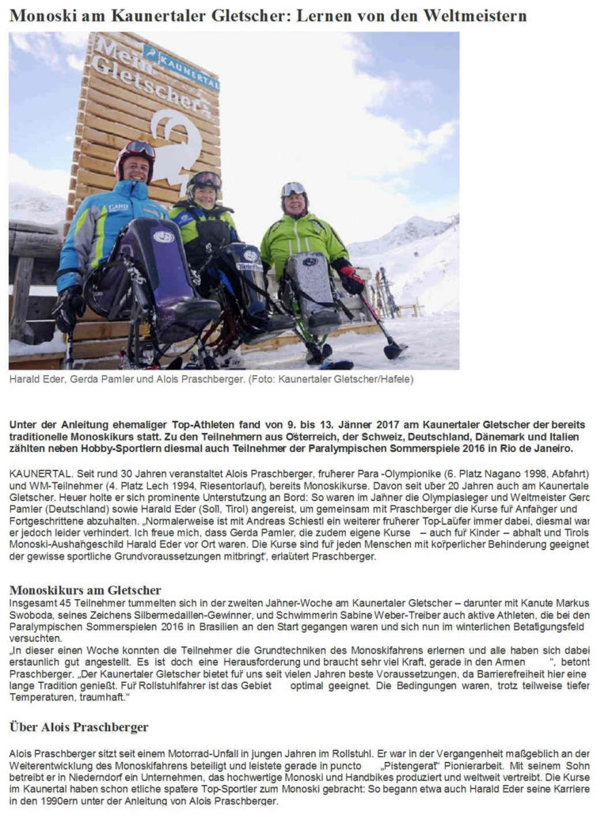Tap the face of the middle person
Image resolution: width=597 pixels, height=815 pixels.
(x=204, y=192)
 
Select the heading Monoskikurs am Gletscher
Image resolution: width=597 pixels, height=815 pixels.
(x=85, y=589)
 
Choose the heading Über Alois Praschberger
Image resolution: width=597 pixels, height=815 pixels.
(x=78, y=726)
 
